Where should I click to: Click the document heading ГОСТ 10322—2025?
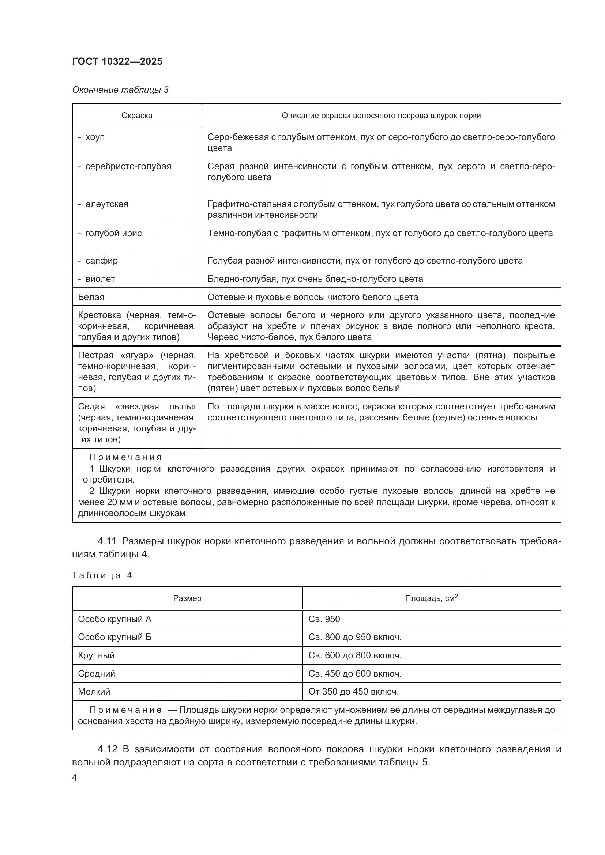point(117,61)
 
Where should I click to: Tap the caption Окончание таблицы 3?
point(120,90)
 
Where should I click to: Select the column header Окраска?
point(137,116)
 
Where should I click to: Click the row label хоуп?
point(95,137)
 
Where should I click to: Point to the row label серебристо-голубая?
point(128,166)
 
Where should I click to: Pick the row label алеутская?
point(106,204)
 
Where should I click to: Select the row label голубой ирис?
point(113,233)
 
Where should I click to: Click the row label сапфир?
point(101,261)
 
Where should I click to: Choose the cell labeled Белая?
point(91,297)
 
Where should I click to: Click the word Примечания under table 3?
point(125,457)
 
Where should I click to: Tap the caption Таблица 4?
point(102,575)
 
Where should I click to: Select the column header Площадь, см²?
point(431,598)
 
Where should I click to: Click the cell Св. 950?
point(324,619)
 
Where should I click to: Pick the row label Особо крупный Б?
point(114,637)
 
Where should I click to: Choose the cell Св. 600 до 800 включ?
point(355,655)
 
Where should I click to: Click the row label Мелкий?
point(94,692)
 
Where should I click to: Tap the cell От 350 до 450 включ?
point(353,692)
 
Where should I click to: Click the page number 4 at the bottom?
point(74,778)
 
